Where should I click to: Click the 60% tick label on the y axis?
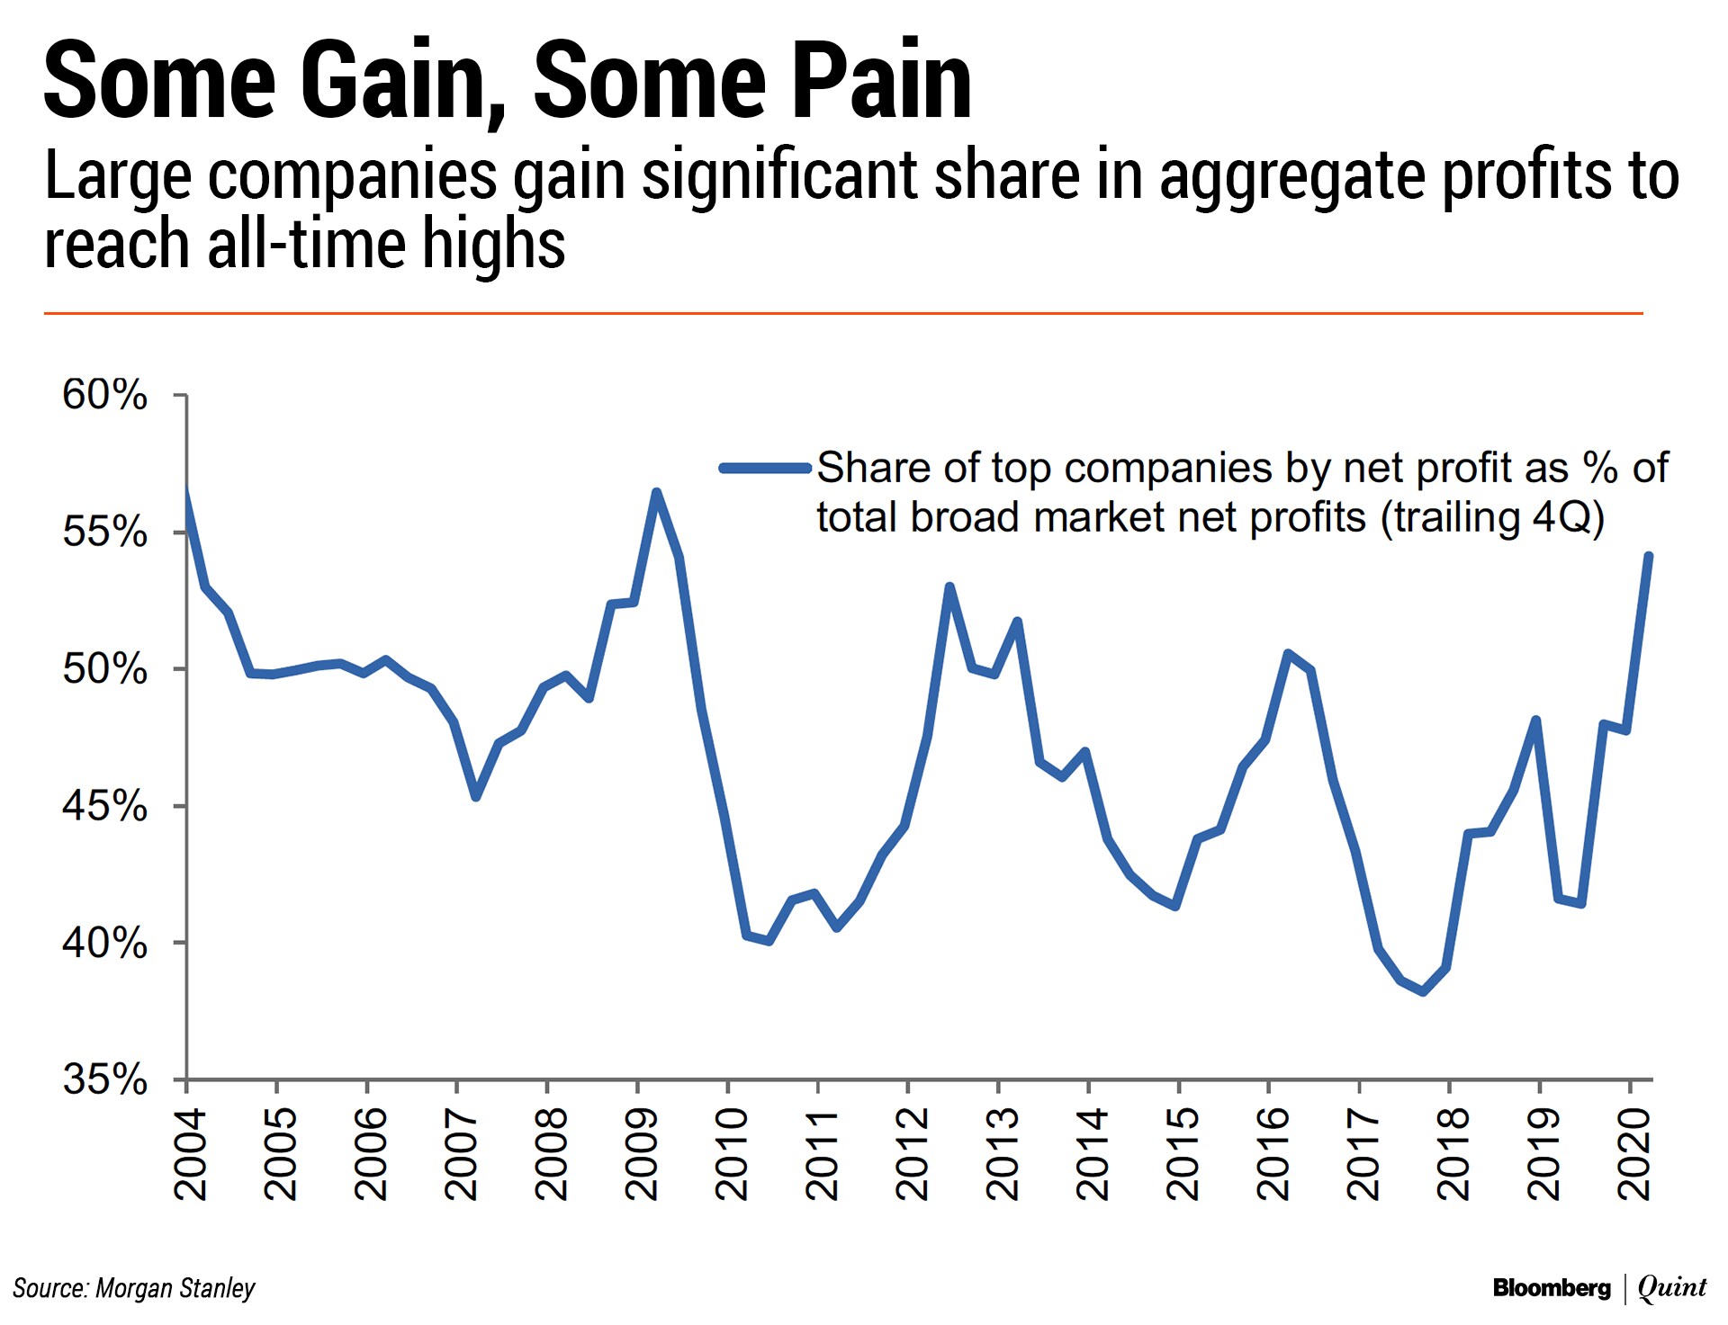104,396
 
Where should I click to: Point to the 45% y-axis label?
104,807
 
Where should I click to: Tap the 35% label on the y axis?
104,1079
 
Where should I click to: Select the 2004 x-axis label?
191,1155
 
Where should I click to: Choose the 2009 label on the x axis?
642,1155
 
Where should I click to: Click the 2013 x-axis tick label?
1003,1155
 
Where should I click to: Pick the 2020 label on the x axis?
1634,1155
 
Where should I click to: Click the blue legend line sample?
765,468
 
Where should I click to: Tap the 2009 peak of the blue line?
656,492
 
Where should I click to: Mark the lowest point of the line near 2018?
1423,992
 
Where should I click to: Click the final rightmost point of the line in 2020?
1648,556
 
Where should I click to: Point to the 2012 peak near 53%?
949,586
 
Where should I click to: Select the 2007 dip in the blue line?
476,797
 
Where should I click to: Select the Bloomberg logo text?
1551,1288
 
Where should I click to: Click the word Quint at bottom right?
1672,1288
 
